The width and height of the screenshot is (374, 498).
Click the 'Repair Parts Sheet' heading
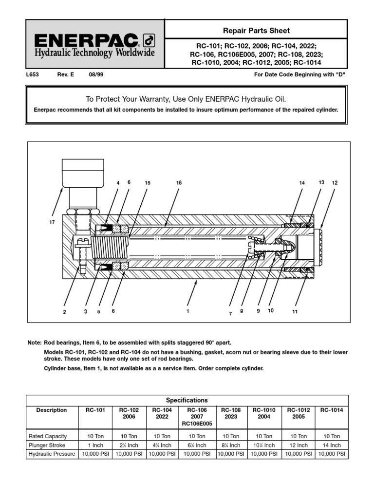256,31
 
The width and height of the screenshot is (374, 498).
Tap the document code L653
33,75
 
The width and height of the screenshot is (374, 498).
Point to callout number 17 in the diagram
52,222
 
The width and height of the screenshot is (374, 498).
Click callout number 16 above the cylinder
179,183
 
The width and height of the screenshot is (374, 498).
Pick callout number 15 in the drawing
148,183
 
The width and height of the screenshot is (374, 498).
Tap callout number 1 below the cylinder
187,312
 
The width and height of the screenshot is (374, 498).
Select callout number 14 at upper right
302,183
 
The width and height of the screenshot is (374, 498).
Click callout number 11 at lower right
295,312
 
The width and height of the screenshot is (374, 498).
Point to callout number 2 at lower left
64,312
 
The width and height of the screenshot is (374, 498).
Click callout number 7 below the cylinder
230,314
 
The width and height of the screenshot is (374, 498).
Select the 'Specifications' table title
187,400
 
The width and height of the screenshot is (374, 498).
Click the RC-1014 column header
332,410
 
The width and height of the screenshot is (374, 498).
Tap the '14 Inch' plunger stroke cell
332,445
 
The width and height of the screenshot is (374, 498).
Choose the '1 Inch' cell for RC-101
95,445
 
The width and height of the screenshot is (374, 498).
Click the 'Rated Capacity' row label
48,436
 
